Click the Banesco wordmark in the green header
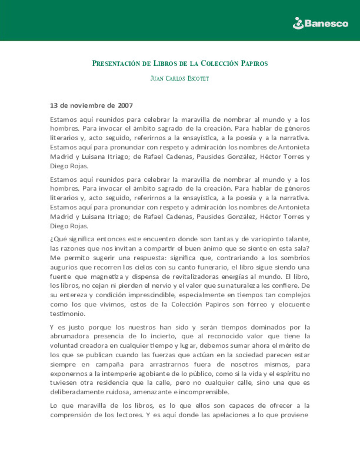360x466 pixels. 326,23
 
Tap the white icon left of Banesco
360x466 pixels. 298,23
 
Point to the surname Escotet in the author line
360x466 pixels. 198,79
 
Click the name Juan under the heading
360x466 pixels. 157,79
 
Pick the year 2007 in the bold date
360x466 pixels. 125,106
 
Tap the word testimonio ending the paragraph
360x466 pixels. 67,314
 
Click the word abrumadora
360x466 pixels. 69,336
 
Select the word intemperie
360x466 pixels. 119,374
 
